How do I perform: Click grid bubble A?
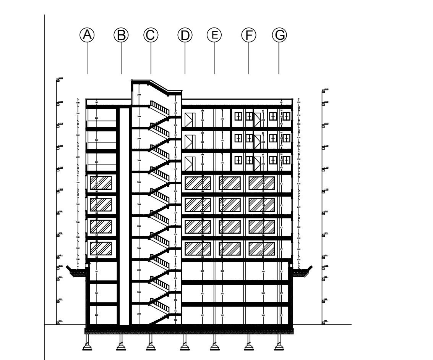(87, 35)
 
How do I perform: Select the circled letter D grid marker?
(185, 35)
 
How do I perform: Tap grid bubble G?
(279, 35)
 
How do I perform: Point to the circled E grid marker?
(214, 35)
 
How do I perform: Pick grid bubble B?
(121, 35)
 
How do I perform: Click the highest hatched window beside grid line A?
(101, 182)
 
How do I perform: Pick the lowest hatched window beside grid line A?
(101, 249)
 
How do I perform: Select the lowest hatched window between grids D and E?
(198, 249)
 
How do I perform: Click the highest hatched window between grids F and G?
(262, 182)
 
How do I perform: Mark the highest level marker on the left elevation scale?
(59, 79)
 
